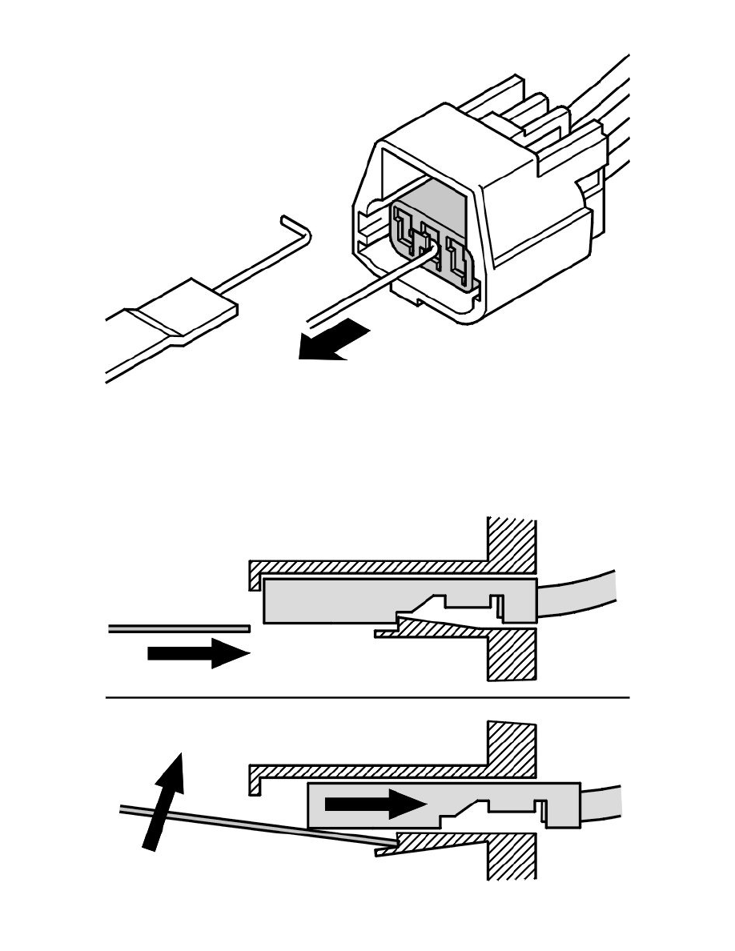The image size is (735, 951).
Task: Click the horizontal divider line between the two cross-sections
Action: click(368, 697)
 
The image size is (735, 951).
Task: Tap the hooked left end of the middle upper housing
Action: click(254, 572)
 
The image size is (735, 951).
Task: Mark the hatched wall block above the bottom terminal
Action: click(512, 748)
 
